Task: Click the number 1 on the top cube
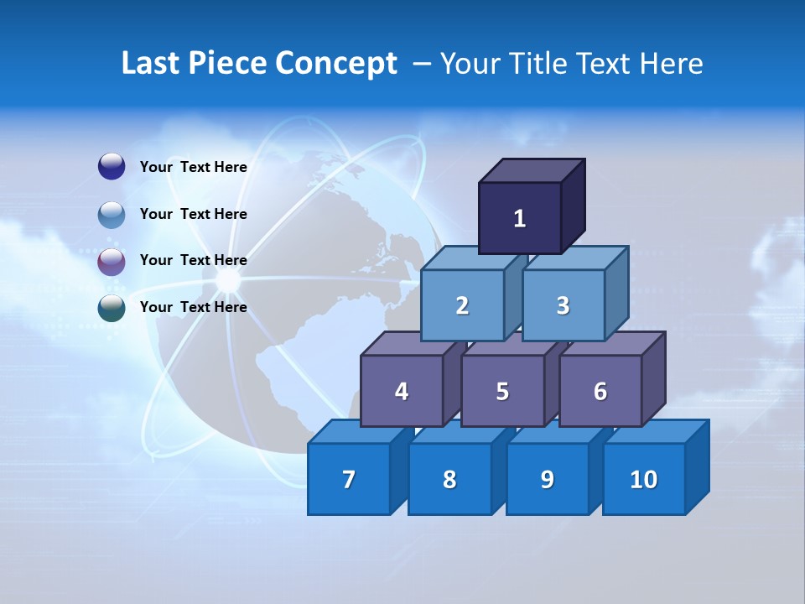coord(519,218)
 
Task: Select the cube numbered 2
coord(462,306)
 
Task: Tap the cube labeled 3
coord(563,306)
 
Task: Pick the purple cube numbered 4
coord(402,391)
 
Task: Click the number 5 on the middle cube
coord(502,391)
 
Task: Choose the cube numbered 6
coord(600,391)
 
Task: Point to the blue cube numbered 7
coord(349,480)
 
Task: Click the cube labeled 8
coord(449,480)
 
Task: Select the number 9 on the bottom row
coord(548,480)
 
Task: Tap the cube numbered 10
coord(643,480)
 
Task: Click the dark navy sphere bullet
coord(112,167)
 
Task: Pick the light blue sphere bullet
coord(112,214)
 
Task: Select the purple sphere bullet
coord(112,261)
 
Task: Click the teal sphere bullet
coord(112,308)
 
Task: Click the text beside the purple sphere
coord(193,260)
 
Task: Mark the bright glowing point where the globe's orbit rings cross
coord(228,281)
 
